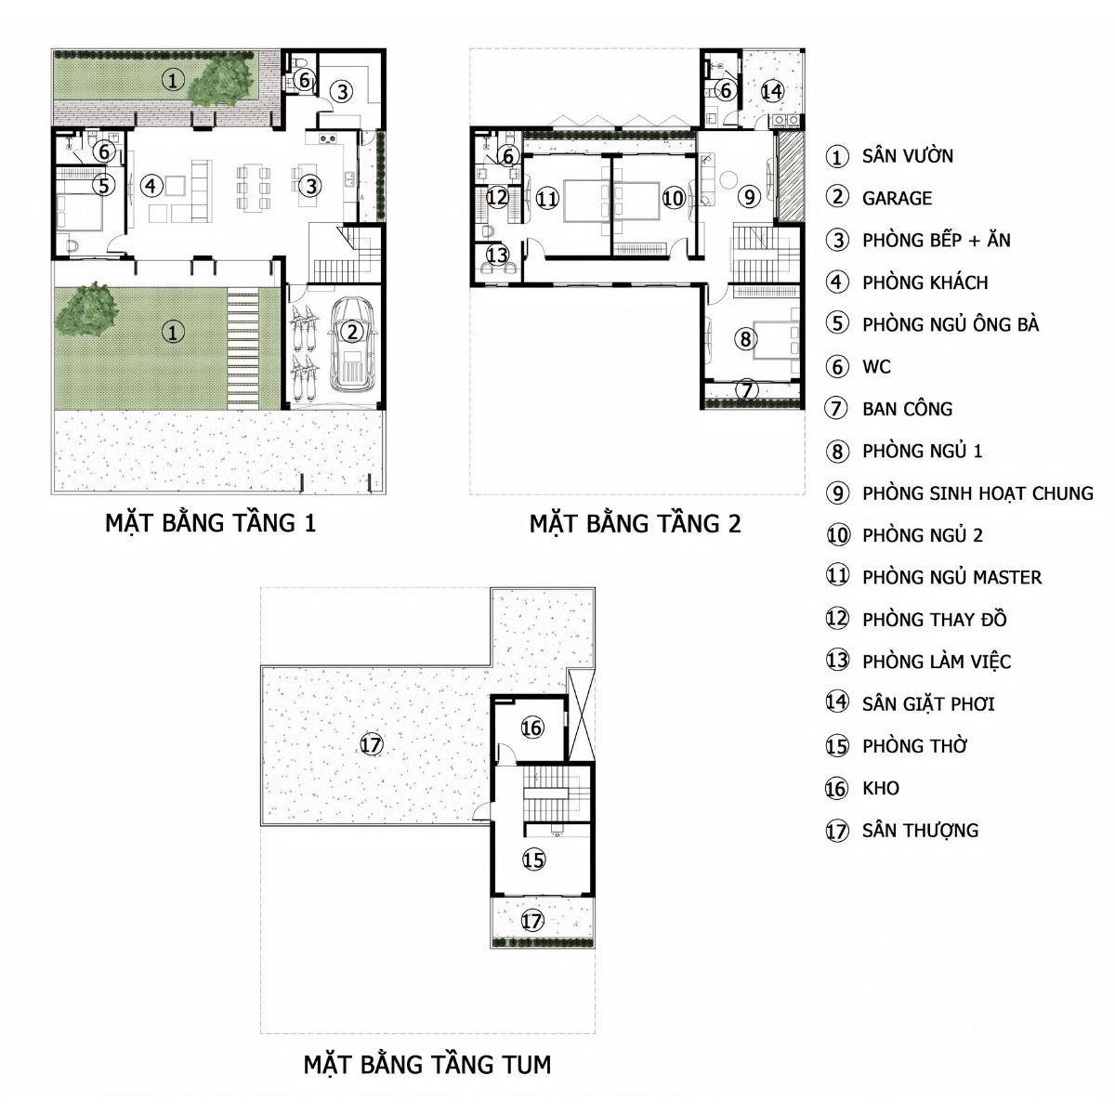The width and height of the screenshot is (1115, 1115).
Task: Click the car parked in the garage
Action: [351, 346]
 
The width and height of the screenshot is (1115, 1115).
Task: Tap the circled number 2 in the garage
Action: [352, 332]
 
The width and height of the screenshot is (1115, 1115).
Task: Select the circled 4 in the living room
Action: [151, 186]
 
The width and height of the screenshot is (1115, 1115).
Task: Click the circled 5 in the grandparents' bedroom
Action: [103, 185]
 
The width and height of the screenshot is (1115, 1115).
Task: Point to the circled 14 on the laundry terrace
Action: [772, 91]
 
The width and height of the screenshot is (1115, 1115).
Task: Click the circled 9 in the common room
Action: [749, 197]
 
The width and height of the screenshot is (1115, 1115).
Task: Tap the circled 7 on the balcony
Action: [747, 390]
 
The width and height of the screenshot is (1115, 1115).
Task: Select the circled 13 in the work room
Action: [497, 255]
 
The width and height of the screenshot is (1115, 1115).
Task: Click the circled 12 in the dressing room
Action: [497, 197]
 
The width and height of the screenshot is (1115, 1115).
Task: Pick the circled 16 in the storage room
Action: [531, 728]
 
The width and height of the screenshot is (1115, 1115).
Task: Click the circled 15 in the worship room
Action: [533, 859]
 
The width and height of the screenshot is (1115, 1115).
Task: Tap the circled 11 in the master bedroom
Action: [547, 199]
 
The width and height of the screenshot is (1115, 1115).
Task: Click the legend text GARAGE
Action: [897, 199]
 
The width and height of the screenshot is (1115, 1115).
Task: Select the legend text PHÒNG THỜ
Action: [914, 746]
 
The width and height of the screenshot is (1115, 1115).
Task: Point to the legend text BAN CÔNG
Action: [907, 409]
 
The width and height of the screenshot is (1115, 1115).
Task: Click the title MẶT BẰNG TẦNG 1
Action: [211, 522]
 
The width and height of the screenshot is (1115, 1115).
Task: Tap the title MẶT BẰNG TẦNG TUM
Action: [427, 1064]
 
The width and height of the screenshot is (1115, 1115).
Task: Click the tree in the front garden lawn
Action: [86, 309]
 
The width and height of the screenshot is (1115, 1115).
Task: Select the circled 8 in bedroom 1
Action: [745, 338]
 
